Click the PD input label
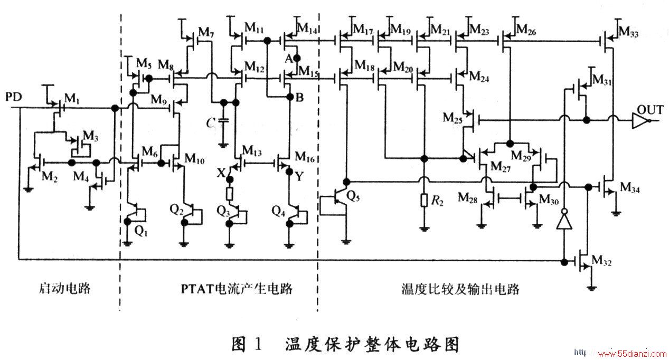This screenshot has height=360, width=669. click(14, 97)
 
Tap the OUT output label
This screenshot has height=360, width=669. click(650, 110)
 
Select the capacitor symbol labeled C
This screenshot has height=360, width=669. click(223, 120)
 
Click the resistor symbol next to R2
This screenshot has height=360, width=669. click(424, 201)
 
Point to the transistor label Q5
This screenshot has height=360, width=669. click(353, 197)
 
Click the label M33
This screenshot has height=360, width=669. click(628, 32)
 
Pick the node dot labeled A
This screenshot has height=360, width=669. click(297, 58)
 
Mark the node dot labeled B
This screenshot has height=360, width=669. click(290, 97)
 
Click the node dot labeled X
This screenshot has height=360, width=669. click(230, 179)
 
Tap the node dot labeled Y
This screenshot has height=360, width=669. click(289, 172)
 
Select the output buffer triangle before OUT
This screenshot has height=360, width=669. click(639, 121)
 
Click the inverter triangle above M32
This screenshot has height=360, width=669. click(564, 221)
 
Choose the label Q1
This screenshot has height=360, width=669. click(141, 231)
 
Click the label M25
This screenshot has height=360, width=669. click(453, 118)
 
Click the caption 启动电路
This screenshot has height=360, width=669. click(64, 288)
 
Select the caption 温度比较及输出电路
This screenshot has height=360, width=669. click(460, 289)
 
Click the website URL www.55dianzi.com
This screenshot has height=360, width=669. click(632, 354)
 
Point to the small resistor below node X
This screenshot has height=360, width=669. click(229, 194)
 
